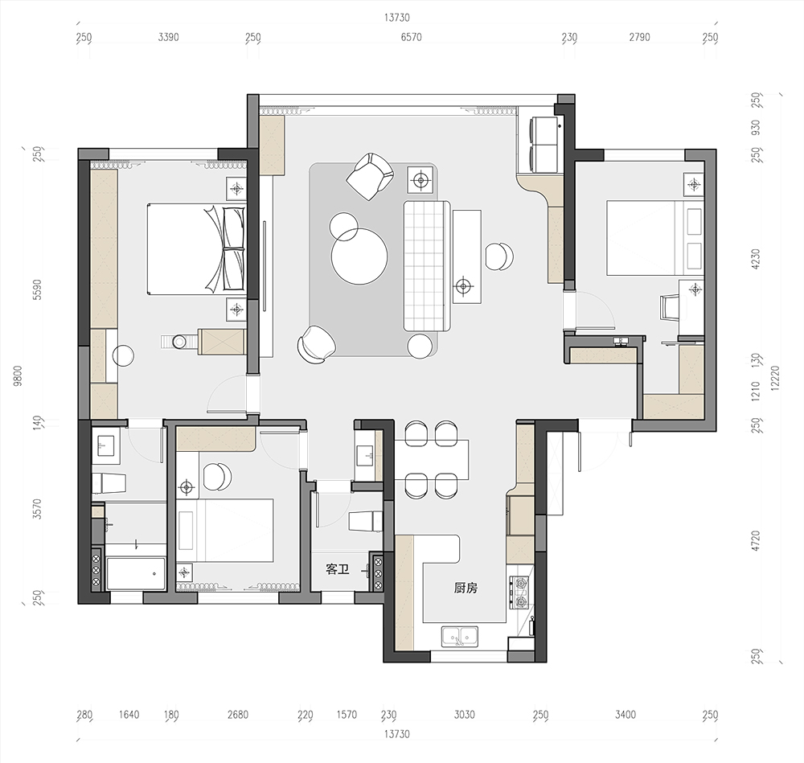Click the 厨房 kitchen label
coord(466,589)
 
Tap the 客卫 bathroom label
coord(338,569)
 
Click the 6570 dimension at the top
coord(411,37)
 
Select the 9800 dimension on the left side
coord(18,375)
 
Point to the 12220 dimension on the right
coord(774,378)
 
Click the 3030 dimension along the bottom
coord(465,714)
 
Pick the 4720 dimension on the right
coord(755,541)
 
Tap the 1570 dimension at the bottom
coord(347,714)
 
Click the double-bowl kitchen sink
coord(460,636)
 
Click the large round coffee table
coord(359,256)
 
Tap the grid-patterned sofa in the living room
coord(427,265)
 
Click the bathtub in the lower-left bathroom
coord(136,574)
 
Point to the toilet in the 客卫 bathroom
coord(366,521)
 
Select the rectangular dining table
coord(432,459)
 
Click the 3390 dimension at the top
coord(168,37)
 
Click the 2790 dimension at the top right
coord(639,37)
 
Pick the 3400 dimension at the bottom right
coord(625,714)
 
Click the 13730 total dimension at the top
coord(397,18)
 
